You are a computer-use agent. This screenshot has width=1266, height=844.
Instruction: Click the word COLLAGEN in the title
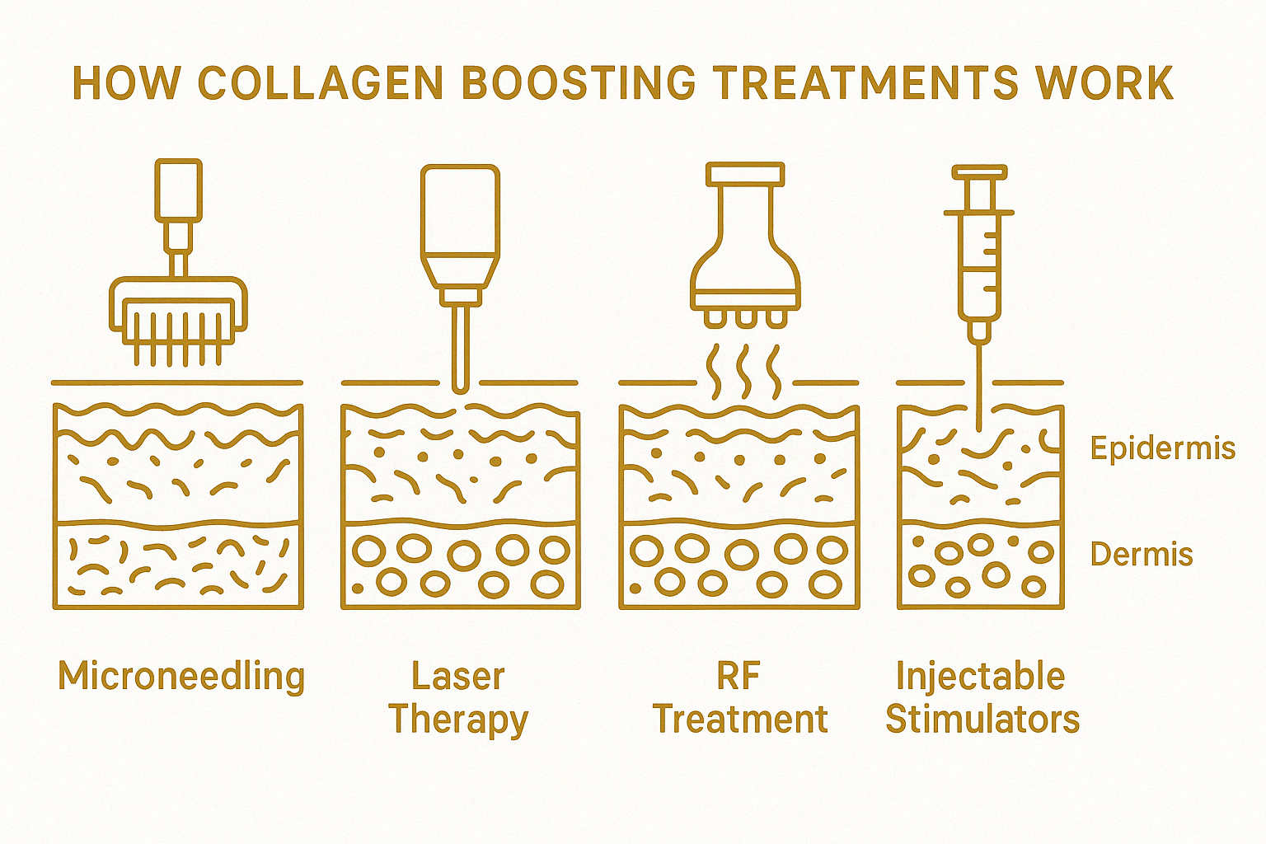click(321, 82)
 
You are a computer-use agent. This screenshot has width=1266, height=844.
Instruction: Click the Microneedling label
click(181, 677)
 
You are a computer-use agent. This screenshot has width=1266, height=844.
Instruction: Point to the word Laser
click(457, 677)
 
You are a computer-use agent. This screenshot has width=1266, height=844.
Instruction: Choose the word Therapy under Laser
click(458, 720)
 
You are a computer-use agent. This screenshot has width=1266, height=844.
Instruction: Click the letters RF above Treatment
click(738, 677)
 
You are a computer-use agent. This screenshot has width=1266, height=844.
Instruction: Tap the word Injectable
click(981, 677)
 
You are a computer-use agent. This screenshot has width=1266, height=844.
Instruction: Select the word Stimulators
click(982, 720)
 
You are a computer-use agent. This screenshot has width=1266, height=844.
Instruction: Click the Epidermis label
click(1162, 448)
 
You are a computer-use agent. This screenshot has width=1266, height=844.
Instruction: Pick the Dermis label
click(1142, 555)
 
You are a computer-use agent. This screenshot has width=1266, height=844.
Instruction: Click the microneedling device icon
click(179, 272)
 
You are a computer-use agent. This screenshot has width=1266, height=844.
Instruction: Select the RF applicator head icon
click(744, 247)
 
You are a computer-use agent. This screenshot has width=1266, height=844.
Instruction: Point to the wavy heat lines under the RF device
click(744, 371)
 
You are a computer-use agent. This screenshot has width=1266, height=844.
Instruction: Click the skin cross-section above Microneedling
click(178, 505)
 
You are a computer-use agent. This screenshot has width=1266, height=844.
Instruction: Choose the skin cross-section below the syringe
click(979, 505)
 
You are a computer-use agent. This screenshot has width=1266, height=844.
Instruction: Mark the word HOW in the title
click(126, 82)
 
